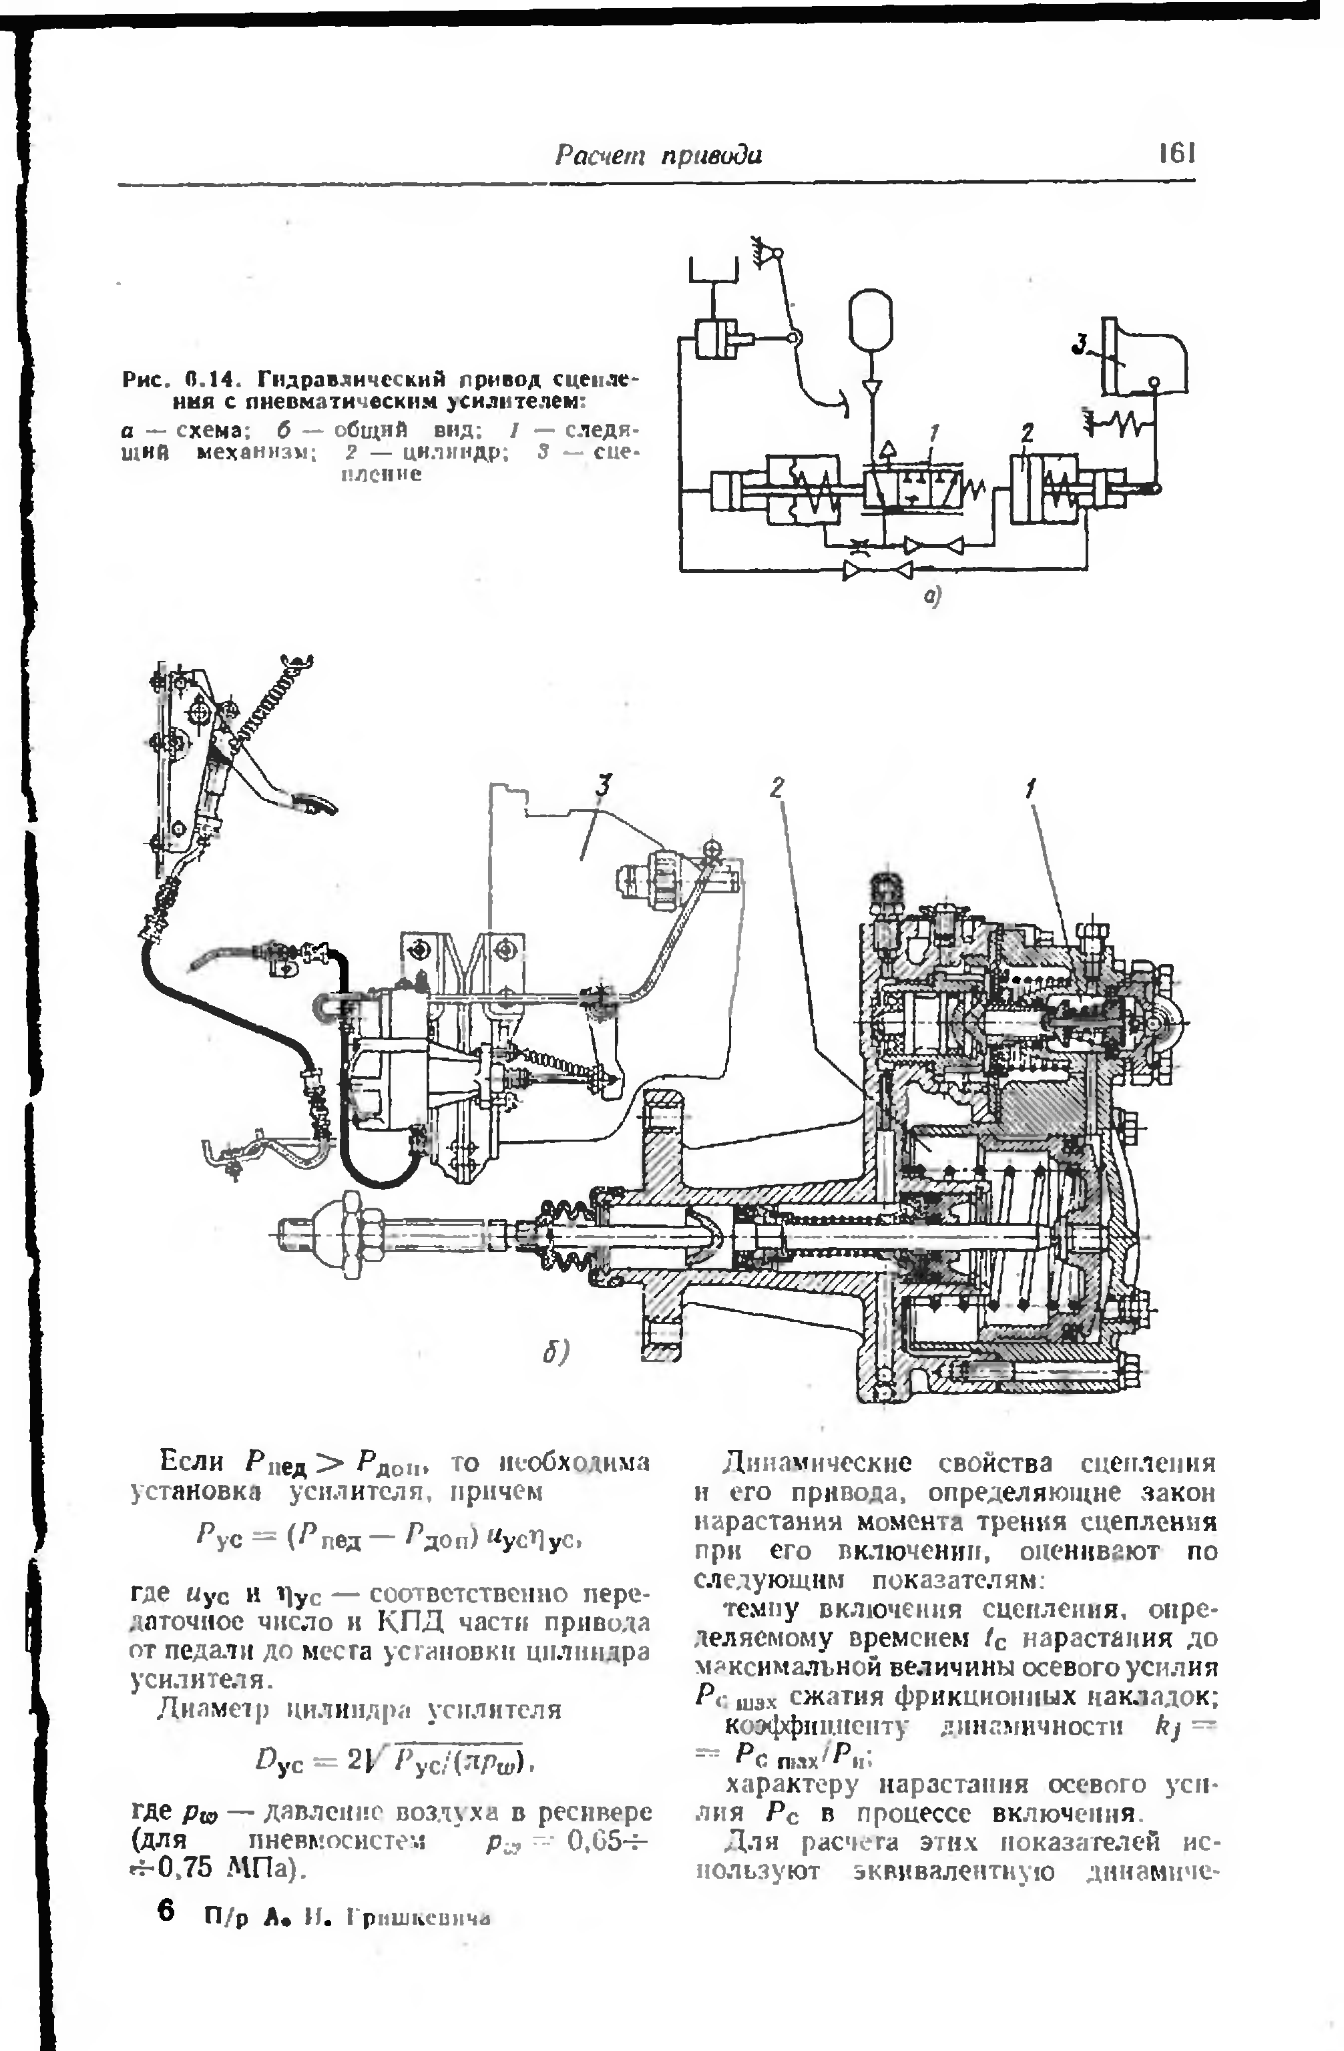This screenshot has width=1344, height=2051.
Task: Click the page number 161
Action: (1176, 154)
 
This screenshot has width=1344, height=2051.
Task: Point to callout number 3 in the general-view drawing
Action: (605, 785)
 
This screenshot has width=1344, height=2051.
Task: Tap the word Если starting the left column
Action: (191, 1462)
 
